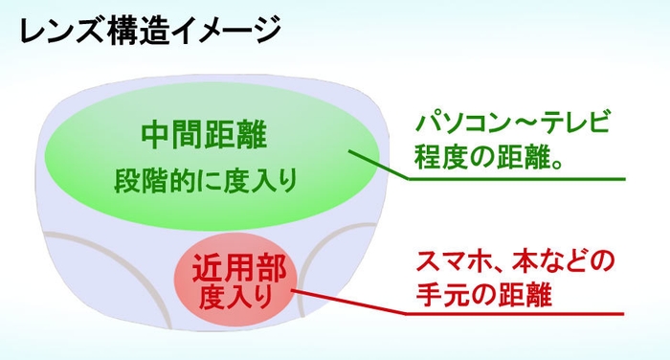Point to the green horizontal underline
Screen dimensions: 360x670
517,178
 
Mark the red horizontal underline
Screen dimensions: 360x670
517,313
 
